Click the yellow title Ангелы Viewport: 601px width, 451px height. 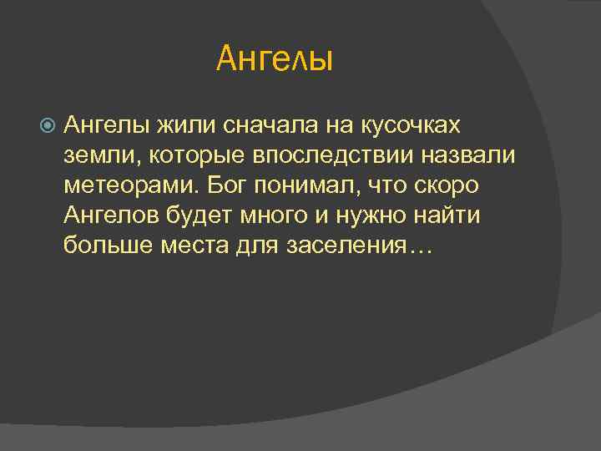point(275,58)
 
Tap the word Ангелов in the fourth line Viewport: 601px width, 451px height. point(105,215)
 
